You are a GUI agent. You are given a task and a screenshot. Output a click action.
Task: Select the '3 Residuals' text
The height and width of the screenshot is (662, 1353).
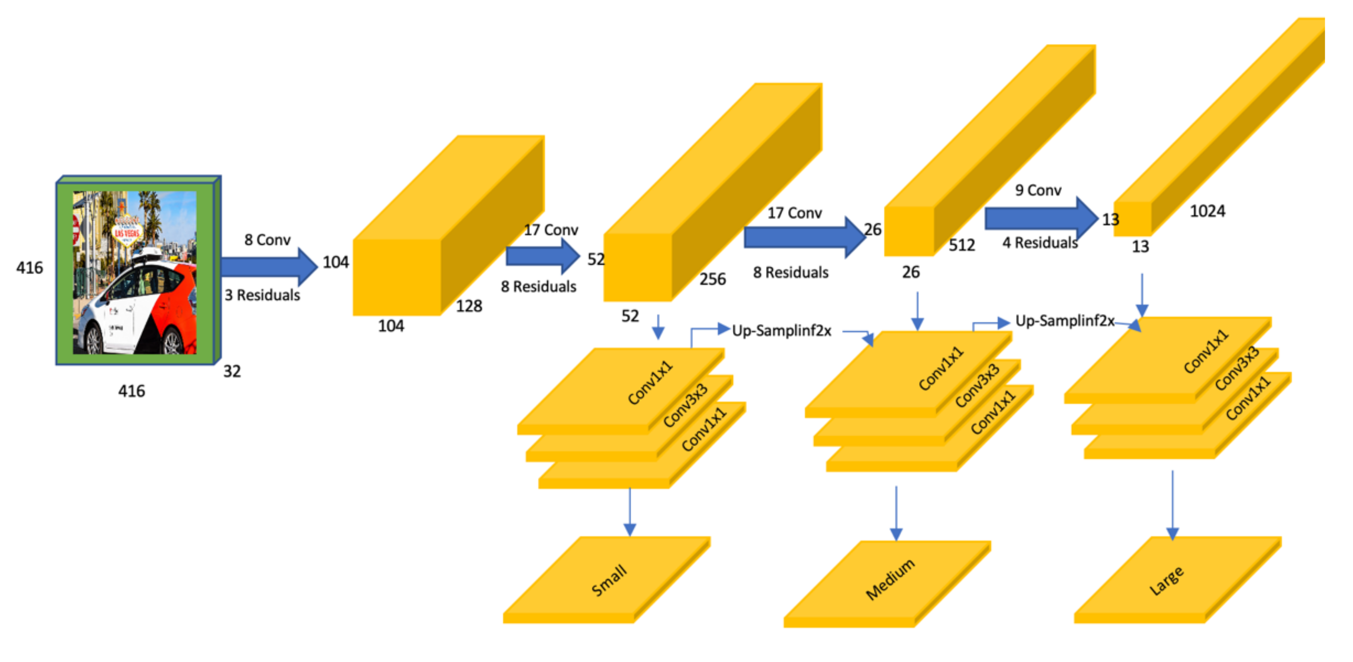262,295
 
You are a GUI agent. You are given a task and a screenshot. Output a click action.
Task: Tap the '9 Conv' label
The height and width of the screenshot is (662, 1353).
1038,190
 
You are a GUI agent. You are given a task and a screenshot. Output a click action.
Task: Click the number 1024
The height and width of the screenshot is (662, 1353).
1207,211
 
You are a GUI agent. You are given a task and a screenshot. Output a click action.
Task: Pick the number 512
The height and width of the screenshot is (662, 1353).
961,245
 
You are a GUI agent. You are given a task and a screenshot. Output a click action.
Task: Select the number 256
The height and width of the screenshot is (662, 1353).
712,279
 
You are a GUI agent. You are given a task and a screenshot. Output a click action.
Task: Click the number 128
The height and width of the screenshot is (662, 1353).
468,306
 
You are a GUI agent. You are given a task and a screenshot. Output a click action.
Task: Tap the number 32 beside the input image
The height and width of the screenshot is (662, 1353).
231,371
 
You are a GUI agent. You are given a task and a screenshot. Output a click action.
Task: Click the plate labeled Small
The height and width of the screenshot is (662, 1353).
608,580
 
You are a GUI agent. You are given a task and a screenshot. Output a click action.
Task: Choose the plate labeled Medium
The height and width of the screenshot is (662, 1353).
890,580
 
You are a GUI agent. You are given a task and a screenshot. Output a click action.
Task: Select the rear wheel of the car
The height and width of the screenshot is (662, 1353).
172,342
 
